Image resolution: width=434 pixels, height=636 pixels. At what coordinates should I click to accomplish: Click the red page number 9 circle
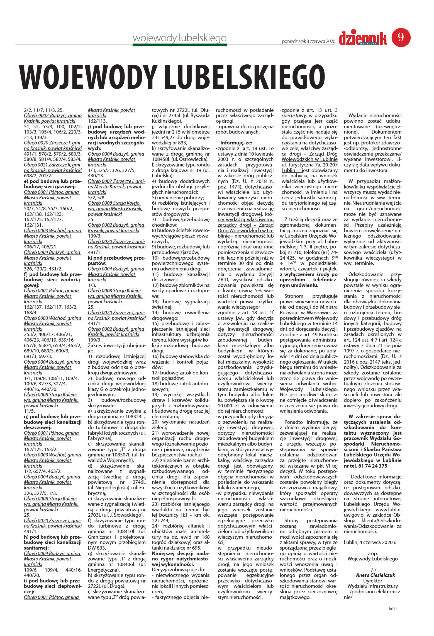[401, 37]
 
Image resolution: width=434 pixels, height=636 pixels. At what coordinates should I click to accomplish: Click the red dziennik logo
[363, 38]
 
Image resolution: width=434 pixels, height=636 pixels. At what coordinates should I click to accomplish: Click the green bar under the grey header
[180, 44]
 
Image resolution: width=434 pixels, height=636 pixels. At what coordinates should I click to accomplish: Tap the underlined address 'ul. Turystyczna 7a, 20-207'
[309, 165]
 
